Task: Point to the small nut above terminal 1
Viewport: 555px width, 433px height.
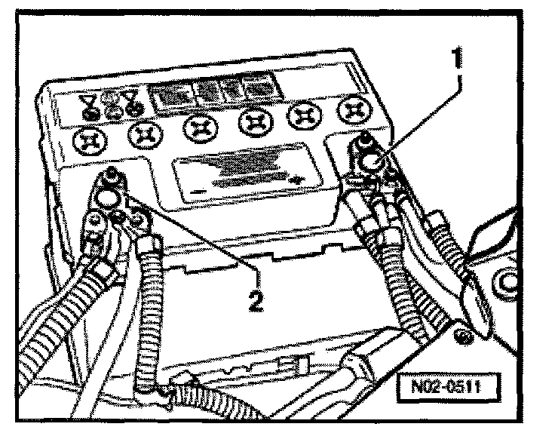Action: click(366, 139)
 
